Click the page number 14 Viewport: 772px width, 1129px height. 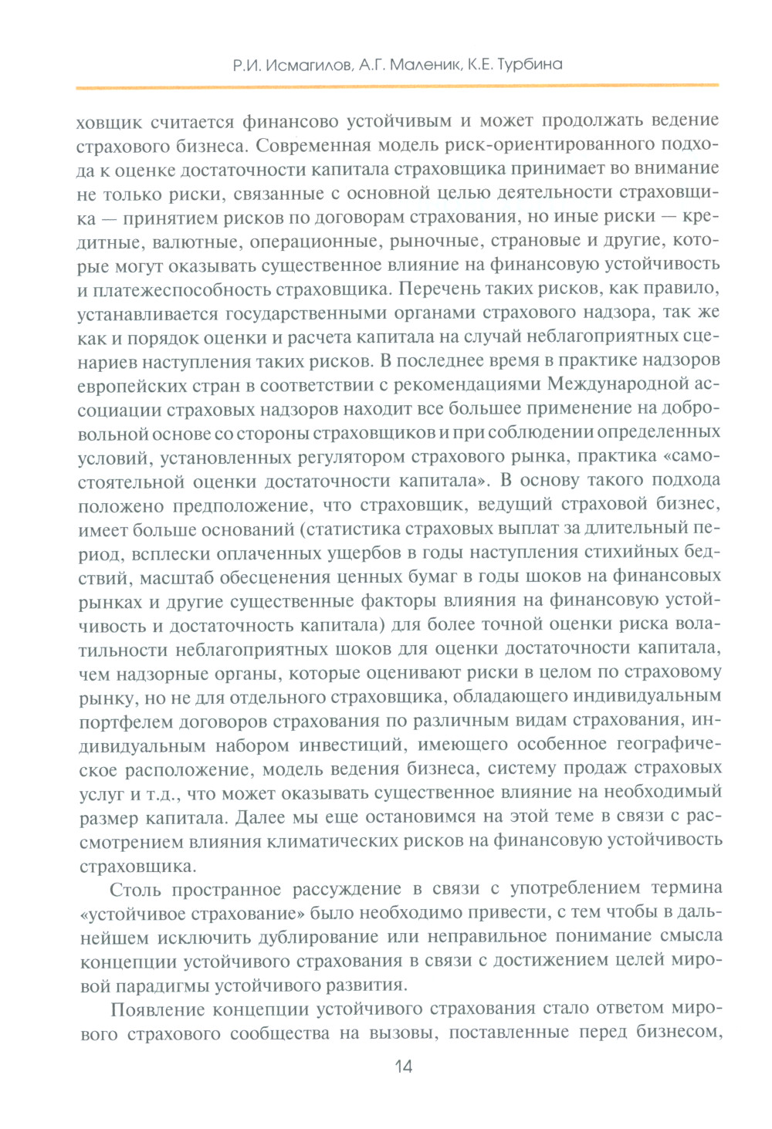tap(403, 1066)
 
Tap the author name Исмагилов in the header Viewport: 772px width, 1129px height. tap(309, 66)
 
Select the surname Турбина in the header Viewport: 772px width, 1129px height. tap(530, 65)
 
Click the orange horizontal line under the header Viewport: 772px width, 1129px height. tap(397, 86)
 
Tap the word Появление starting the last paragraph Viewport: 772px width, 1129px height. tap(158, 1010)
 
